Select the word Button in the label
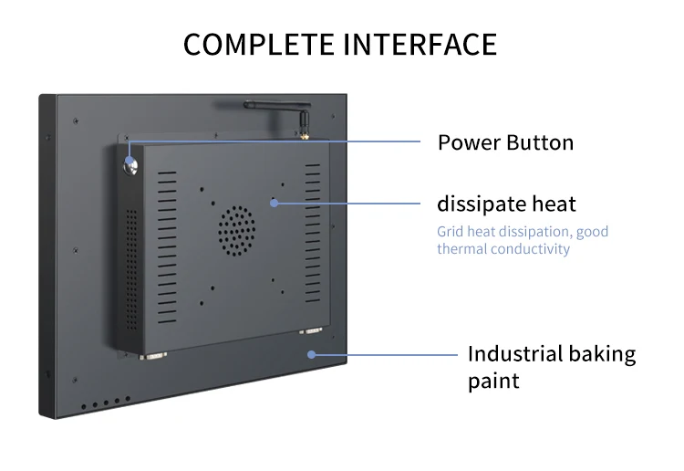click(540, 142)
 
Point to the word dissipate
click(481, 204)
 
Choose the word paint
click(493, 381)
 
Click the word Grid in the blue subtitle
click(451, 232)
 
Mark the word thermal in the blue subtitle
click(461, 248)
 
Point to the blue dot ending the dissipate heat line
click(273, 203)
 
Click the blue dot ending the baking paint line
click(312, 354)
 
